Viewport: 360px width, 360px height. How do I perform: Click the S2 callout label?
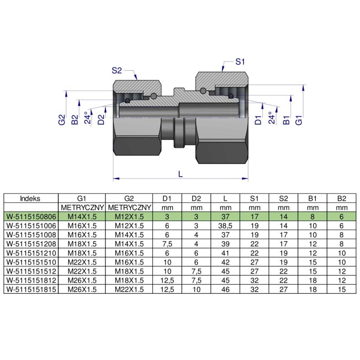(117, 70)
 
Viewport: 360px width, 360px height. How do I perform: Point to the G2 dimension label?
(62, 120)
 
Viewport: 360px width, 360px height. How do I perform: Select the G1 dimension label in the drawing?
(298, 120)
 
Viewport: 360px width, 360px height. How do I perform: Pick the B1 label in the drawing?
(285, 120)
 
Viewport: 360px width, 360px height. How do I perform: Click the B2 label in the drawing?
(75, 120)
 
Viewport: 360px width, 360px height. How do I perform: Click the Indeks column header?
(31, 198)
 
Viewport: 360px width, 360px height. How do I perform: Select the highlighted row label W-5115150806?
(31, 216)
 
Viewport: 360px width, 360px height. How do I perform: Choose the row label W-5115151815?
(31, 290)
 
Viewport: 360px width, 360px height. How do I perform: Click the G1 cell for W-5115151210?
(82, 253)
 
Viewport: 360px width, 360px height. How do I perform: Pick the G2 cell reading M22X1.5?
(129, 290)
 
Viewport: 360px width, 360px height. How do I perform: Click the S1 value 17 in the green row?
(254, 216)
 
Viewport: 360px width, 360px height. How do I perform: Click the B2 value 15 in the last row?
(342, 290)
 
